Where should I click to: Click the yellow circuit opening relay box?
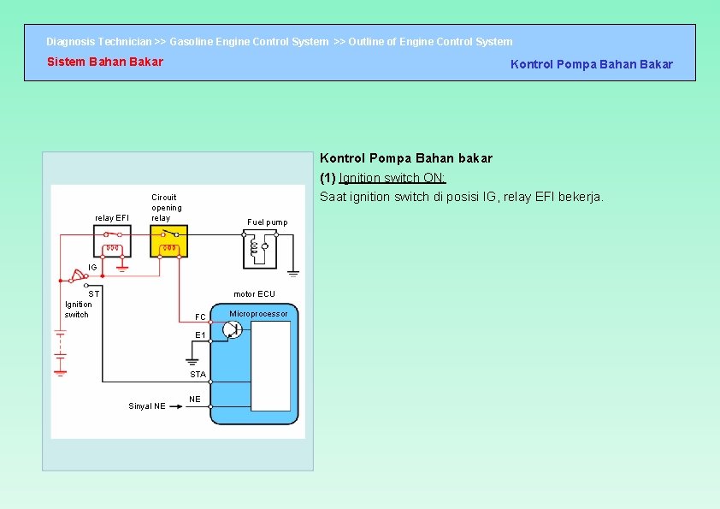pos(168,244)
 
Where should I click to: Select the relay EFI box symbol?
pos(113,244)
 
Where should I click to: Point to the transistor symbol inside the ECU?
pos(233,329)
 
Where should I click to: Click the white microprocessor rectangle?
pos(270,366)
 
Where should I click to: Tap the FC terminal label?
pos(200,317)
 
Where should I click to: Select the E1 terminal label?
pos(200,334)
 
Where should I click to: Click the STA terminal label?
pos(198,375)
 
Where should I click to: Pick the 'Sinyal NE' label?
pos(147,406)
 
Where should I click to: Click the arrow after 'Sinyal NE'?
pos(177,406)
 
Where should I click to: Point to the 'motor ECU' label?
pos(255,294)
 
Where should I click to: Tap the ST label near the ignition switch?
pos(95,293)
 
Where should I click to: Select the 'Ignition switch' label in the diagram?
pos(78,309)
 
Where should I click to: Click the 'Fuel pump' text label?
pos(268,222)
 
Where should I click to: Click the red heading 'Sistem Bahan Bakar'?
pos(104,62)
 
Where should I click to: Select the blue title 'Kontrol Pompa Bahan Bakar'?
pos(591,64)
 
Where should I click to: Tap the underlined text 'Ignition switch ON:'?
pos(392,178)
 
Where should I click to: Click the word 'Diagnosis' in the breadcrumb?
pos(70,41)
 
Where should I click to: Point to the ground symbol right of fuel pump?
pos(293,273)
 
